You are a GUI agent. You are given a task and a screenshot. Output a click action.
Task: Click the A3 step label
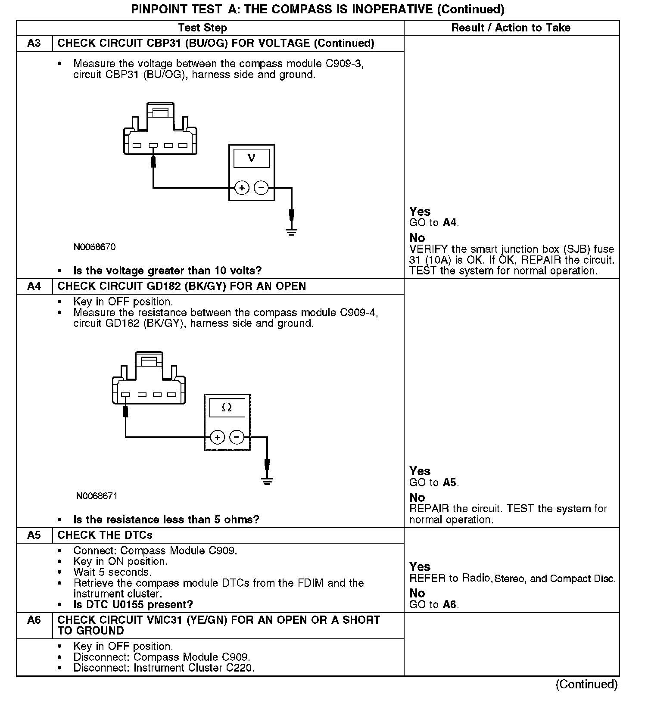[x=34, y=44]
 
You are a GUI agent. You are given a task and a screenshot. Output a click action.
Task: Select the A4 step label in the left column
[x=34, y=286]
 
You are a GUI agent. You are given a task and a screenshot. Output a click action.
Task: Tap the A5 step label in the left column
[x=34, y=535]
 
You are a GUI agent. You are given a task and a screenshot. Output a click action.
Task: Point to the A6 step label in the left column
[x=34, y=620]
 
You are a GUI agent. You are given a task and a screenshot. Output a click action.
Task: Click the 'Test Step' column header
[x=202, y=28]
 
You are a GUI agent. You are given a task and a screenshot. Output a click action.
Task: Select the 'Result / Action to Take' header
[x=511, y=28]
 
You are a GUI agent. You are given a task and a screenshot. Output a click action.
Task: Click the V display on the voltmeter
[x=252, y=158]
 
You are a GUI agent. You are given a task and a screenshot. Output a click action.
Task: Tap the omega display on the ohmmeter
[x=227, y=407]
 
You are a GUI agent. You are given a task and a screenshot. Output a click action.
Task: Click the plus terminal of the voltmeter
[x=242, y=188]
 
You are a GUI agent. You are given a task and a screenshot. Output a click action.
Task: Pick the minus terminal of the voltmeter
[x=261, y=188]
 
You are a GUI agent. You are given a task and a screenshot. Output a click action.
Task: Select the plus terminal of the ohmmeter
[x=218, y=437]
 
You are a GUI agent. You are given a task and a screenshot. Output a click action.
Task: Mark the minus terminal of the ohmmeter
[x=237, y=437]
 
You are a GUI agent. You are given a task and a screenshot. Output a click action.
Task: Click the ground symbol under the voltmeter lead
[x=292, y=232]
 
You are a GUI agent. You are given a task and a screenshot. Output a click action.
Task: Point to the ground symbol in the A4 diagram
[x=267, y=481]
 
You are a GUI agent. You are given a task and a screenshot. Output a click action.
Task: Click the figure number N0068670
[x=94, y=247]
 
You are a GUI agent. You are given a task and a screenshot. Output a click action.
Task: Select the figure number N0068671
[x=97, y=496]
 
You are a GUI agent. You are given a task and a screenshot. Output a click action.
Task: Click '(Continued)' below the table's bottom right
[x=586, y=684]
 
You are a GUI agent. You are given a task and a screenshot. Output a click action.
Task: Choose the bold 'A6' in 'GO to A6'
[x=449, y=605]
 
